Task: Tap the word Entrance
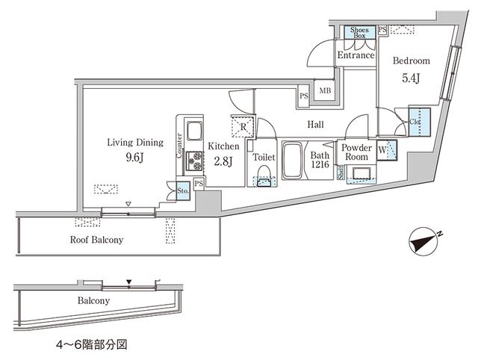[355, 56]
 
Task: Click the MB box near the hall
[325, 91]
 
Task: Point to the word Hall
[316, 125]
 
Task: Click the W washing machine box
[384, 149]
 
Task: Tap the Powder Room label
[356, 152]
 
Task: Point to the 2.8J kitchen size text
[223, 160]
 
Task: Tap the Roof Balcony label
[96, 240]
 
